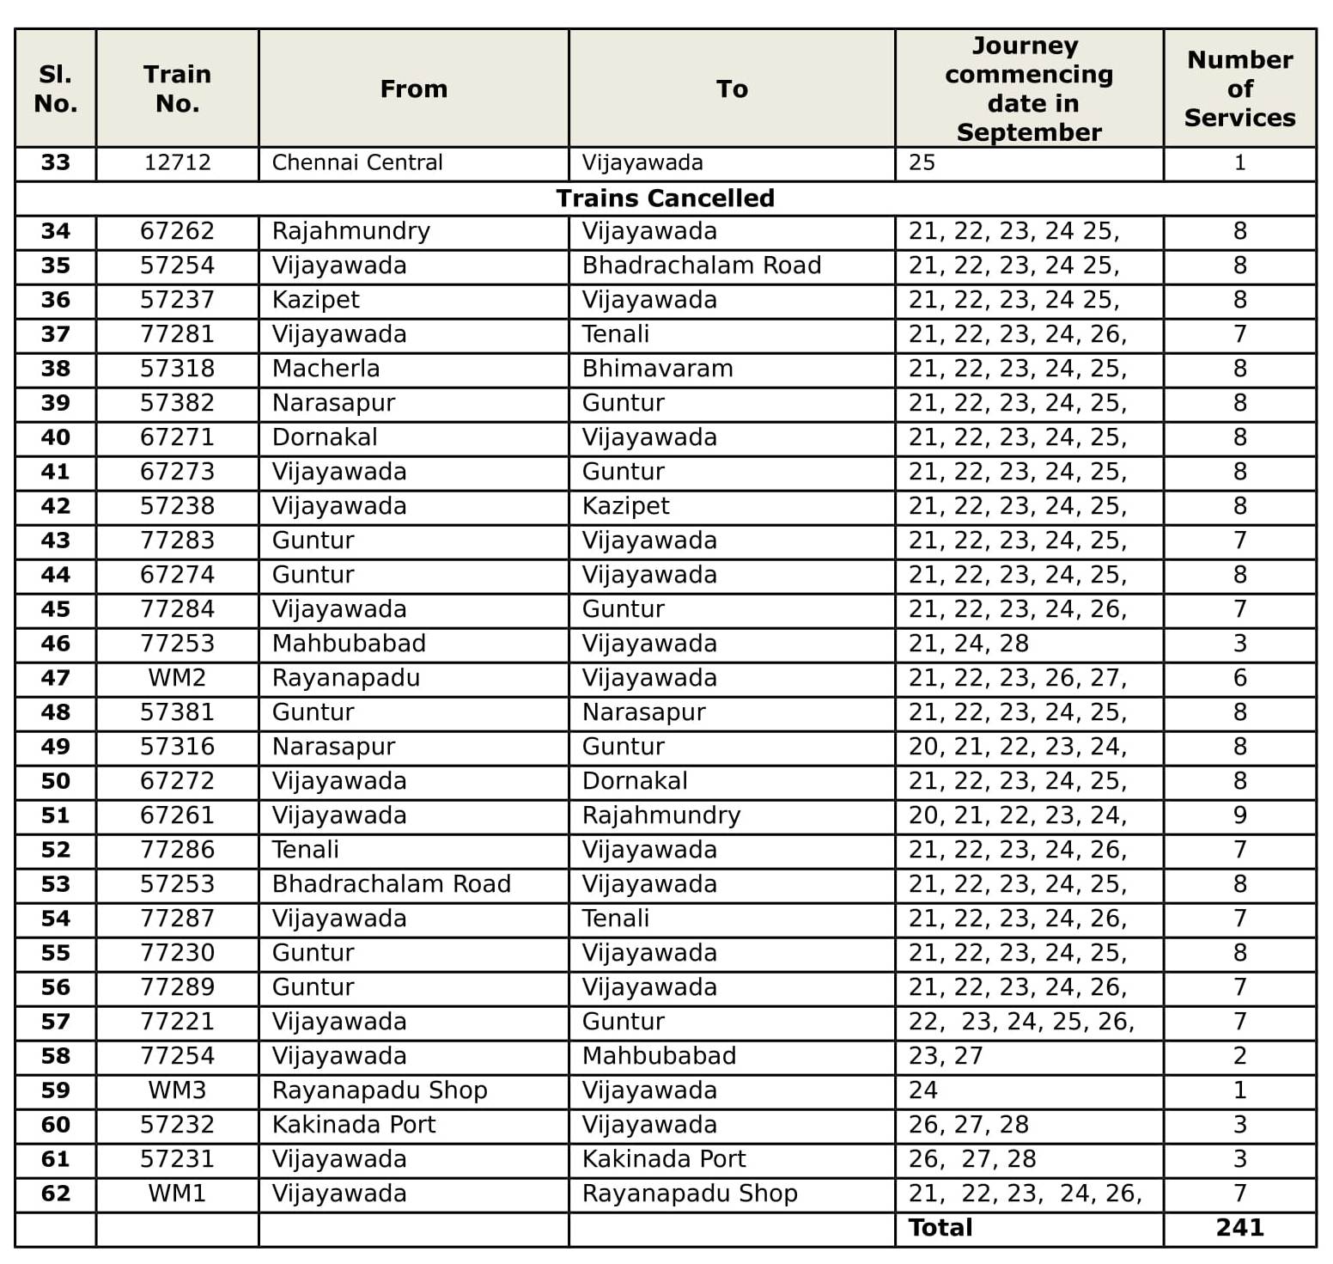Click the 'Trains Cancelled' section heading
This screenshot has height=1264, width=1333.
pos(665,198)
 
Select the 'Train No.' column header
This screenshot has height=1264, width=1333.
pos(177,89)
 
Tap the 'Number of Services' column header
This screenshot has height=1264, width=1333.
pos(1239,89)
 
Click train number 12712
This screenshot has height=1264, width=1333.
pos(177,162)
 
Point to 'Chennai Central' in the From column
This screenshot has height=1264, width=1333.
pos(357,162)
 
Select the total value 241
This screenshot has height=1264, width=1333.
pos(1239,1228)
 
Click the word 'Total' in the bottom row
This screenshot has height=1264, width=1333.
pos(940,1228)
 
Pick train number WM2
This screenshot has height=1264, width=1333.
pos(177,678)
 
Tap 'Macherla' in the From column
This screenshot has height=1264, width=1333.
pos(326,369)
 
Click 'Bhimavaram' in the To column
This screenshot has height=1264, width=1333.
pos(657,369)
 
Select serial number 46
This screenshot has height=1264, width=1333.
pos(56,644)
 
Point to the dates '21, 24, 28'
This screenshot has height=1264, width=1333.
pos(968,644)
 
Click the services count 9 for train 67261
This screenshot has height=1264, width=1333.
pos(1239,815)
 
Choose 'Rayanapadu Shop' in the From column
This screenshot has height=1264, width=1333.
pos(380,1090)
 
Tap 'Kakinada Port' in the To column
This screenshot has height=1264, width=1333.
pos(664,1159)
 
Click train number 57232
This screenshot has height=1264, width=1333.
pos(177,1125)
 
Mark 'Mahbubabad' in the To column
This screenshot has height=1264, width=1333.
pos(659,1056)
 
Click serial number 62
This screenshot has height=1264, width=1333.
pos(56,1194)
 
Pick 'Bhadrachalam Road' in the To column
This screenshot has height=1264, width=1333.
pos(701,266)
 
